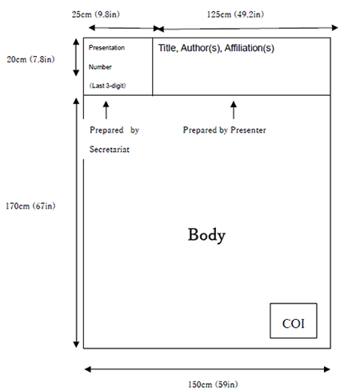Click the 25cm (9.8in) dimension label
tap(96, 14)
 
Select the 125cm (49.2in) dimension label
tap(235, 14)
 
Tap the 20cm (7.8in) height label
tap(30, 59)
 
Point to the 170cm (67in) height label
tap(30, 205)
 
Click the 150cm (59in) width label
tap(213, 385)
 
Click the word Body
tap(206, 235)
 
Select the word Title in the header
tap(168, 48)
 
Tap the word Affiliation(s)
tap(250, 48)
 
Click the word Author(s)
tap(201, 48)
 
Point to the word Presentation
tap(106, 48)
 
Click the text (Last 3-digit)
tap(107, 86)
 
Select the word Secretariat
tap(110, 150)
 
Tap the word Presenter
tap(248, 130)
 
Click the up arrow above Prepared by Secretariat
tap(106, 110)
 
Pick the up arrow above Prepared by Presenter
tap(234, 110)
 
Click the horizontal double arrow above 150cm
tap(207, 369)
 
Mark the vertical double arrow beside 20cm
tap(76, 58)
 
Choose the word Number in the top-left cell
tap(100, 67)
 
